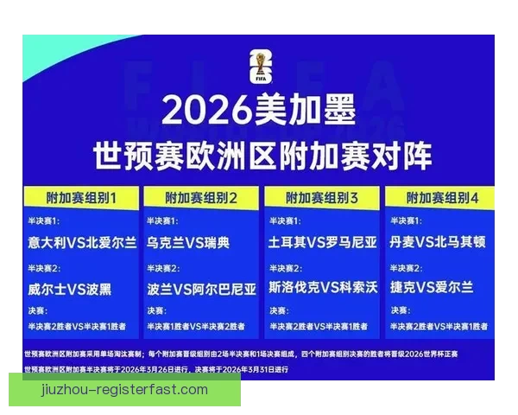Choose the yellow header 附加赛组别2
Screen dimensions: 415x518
point(201,198)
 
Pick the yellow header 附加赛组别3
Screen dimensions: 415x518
point(322,198)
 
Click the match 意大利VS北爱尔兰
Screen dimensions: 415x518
point(81,242)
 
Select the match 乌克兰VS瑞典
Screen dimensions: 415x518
point(188,242)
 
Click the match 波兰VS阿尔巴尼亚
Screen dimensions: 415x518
point(202,288)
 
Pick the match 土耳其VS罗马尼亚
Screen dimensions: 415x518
point(322,242)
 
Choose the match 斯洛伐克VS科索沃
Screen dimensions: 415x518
point(322,288)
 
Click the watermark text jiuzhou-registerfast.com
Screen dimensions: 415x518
point(124,390)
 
